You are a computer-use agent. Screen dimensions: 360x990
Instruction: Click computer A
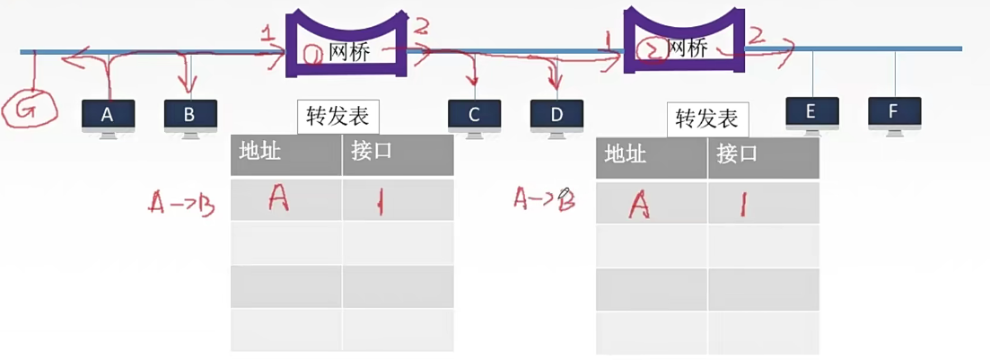click(108, 115)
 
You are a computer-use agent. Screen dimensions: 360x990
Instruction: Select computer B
click(190, 115)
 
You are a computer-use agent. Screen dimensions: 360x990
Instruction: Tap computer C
click(474, 115)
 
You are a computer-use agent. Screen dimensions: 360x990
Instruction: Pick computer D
click(556, 115)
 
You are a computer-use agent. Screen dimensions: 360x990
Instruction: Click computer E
click(811, 112)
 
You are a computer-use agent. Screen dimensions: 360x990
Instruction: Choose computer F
click(894, 112)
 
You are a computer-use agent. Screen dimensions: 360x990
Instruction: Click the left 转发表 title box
click(338, 117)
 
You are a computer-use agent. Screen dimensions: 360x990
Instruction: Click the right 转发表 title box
click(707, 119)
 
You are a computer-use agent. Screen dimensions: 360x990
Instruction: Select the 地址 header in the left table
click(260, 151)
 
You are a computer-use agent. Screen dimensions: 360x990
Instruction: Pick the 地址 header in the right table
click(626, 154)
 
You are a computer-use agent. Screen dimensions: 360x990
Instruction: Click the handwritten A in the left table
click(278, 199)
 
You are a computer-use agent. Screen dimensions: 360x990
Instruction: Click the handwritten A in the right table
click(638, 205)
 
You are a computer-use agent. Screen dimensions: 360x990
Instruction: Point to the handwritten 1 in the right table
click(743, 206)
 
